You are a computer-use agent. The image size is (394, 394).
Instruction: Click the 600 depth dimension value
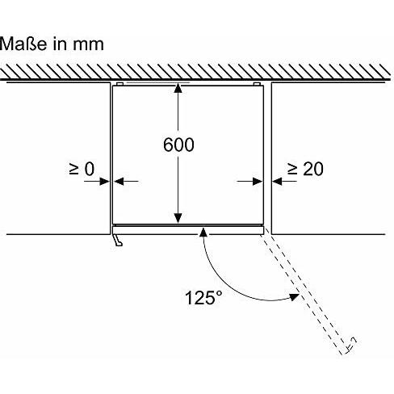coord(178,145)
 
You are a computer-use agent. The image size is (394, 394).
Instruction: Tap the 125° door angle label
coord(203,297)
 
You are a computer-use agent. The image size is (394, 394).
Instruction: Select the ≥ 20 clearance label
coord(305,169)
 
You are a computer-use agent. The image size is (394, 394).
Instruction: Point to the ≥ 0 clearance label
coord(82,169)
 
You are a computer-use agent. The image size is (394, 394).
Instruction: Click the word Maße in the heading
coord(23,44)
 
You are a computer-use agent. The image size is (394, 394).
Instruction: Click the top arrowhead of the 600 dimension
coord(178,88)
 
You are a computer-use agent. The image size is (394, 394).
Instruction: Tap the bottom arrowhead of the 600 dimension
coord(178,218)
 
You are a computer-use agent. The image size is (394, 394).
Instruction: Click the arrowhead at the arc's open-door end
coord(294,297)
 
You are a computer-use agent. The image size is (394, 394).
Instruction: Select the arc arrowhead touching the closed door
coord(203,232)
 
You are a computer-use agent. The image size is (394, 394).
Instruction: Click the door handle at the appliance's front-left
coord(118,240)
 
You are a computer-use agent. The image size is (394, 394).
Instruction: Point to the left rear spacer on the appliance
coord(120,84)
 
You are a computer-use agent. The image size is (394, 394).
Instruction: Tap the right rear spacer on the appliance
coord(257,84)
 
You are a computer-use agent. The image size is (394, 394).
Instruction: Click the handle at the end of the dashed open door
coord(351,344)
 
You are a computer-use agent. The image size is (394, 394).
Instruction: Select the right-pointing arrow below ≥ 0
coord(96,181)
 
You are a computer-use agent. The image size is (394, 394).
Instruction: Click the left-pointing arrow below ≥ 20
coord(284,181)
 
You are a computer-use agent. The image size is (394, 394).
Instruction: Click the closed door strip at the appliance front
coord(187,230)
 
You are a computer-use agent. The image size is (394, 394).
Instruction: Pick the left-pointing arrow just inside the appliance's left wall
coord(126,181)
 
